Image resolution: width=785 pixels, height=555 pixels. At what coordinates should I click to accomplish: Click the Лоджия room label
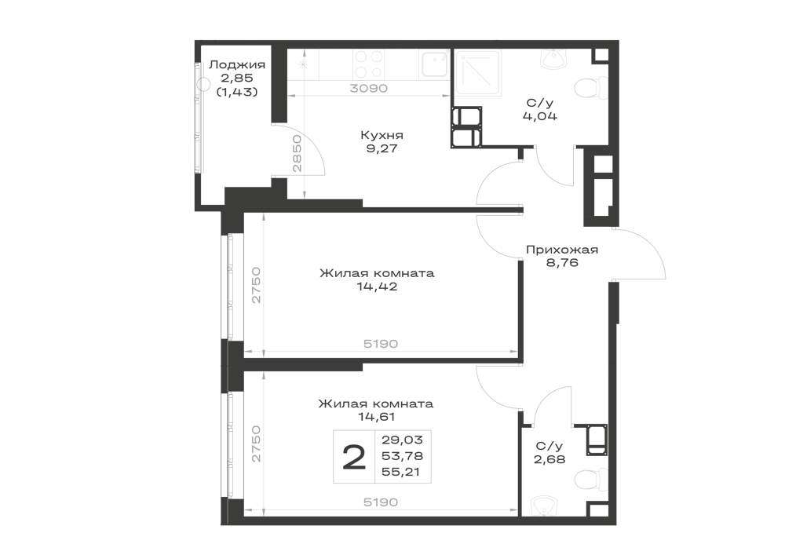pos(237,65)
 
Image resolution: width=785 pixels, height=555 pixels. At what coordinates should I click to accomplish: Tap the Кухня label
pos(382,135)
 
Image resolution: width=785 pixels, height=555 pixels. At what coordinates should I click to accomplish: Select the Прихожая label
pos(562,249)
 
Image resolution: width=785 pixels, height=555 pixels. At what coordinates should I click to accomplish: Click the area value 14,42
pos(377,287)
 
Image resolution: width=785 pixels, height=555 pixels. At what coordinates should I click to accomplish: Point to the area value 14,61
pos(377,417)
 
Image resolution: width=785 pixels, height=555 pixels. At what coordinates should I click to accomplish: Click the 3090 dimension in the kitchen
pos(369,88)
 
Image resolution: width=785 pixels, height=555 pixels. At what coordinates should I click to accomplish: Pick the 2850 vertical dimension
pos(297,153)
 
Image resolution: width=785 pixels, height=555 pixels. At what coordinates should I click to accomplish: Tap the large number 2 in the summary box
pos(354,458)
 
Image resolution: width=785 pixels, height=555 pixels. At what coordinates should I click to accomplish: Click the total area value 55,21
pos(402,472)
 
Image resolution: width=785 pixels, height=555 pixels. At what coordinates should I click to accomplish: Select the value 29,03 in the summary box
pos(402,440)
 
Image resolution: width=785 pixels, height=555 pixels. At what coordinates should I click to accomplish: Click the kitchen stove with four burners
pos(369,64)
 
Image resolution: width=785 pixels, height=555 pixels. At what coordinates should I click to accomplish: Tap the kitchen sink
pos(434,64)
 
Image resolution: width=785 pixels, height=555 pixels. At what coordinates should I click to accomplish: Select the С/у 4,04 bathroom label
pos(540,110)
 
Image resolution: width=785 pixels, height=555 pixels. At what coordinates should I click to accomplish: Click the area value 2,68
pos(549,459)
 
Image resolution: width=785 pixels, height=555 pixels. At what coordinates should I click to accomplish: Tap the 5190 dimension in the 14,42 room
pos(381,344)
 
